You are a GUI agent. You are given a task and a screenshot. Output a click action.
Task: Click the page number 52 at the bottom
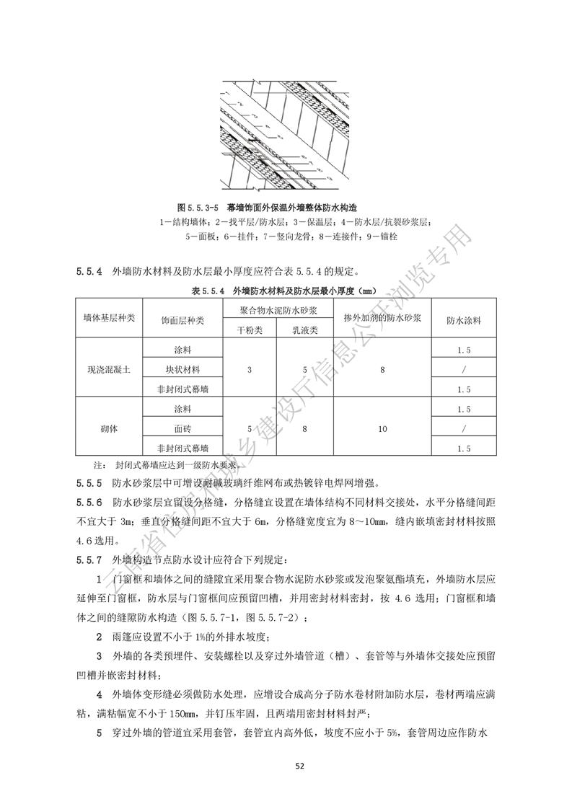click(x=286, y=765)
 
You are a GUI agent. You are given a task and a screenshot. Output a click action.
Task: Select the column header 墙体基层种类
click(x=109, y=319)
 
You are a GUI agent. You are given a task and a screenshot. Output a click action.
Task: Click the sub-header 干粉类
click(x=250, y=330)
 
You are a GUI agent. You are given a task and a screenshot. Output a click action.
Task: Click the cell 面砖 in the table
click(x=183, y=428)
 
